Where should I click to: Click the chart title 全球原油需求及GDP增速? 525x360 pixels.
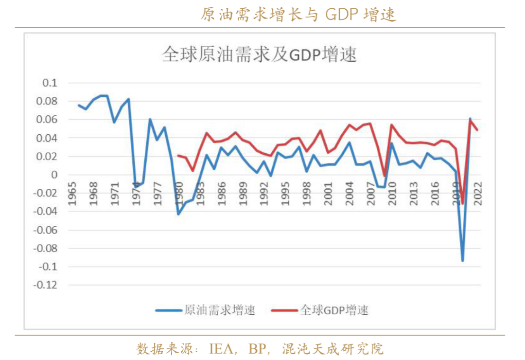(x=260, y=54)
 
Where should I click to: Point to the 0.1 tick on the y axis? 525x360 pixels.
(x=50, y=83)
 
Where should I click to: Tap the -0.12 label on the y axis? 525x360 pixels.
(x=45, y=285)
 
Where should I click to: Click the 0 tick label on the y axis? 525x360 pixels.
(x=54, y=175)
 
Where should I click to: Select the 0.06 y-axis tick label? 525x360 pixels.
(x=47, y=120)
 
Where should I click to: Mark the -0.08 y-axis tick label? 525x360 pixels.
(x=45, y=248)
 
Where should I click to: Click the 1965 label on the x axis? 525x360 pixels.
(x=72, y=194)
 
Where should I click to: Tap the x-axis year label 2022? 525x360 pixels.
(x=478, y=194)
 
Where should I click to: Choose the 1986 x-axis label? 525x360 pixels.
(x=222, y=194)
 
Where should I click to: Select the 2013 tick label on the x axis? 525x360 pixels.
(x=414, y=194)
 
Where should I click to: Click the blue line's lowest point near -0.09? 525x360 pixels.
(x=462, y=261)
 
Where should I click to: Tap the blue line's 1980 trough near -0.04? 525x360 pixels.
(x=178, y=214)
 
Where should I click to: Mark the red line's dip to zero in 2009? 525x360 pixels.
(x=384, y=176)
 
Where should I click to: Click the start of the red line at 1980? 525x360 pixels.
(x=178, y=156)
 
